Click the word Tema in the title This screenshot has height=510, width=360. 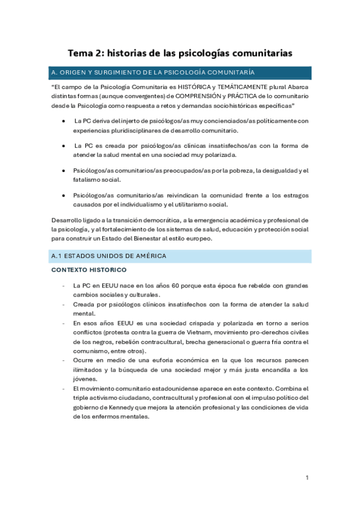pyautogui.click(x=79, y=54)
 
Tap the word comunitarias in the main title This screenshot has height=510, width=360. pyautogui.click(x=260, y=54)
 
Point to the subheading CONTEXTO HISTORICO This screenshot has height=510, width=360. pyautogui.click(x=88, y=270)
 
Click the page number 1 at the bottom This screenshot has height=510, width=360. pyautogui.click(x=307, y=478)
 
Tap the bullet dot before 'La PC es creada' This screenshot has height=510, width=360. pyautogui.click(x=64, y=146)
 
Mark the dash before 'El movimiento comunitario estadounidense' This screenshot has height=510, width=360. pyautogui.click(x=64, y=389)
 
